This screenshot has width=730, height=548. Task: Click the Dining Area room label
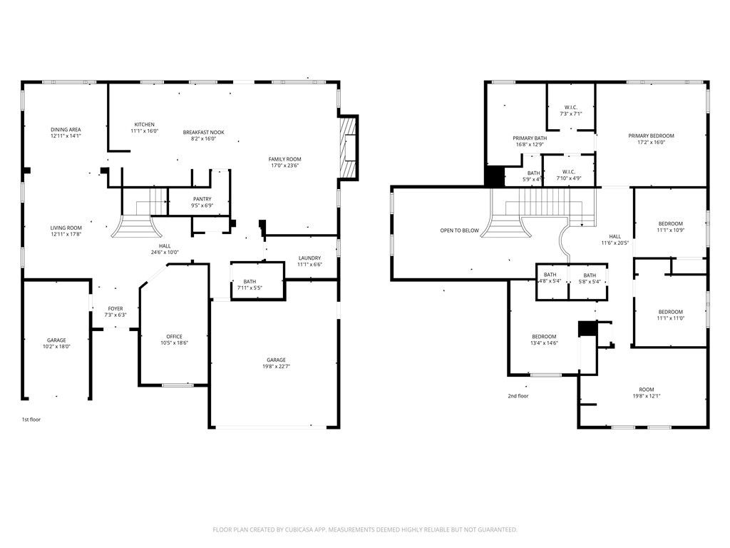(x=66, y=130)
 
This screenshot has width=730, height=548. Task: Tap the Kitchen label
(x=145, y=125)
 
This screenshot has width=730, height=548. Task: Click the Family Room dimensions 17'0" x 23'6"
(x=284, y=165)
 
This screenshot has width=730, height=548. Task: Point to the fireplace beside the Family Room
(x=348, y=148)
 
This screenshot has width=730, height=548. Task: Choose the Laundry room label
(x=309, y=258)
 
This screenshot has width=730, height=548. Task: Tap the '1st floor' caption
(x=31, y=420)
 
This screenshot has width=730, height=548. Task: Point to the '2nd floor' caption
(x=518, y=396)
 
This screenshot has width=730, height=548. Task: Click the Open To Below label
(x=459, y=230)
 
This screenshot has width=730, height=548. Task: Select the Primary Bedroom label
(x=650, y=136)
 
